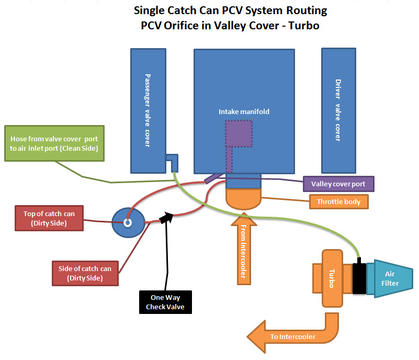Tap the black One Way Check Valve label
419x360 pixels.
(x=165, y=302)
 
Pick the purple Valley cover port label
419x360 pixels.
(x=338, y=184)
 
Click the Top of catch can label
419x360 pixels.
(x=49, y=218)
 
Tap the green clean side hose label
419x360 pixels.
(x=58, y=144)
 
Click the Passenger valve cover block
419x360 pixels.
(x=148, y=110)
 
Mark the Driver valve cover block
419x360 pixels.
(x=338, y=110)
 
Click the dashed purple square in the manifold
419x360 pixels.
(x=239, y=133)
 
